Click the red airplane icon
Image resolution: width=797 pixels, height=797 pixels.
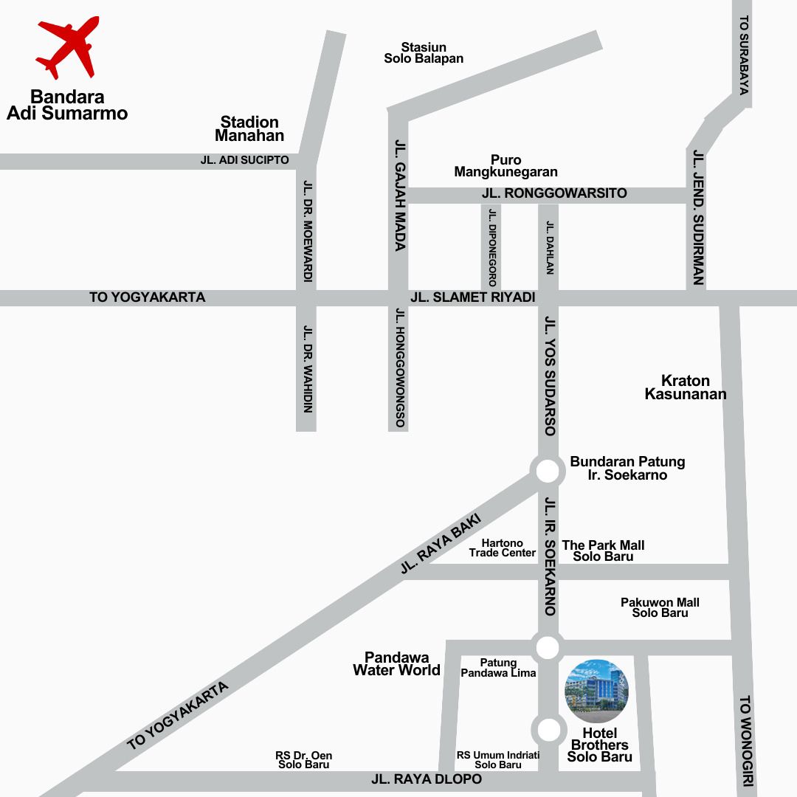coord(68,47)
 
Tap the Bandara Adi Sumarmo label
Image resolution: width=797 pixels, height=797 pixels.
coord(67,105)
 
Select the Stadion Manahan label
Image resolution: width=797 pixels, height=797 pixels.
coord(249,128)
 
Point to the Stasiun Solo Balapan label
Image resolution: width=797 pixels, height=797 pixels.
coord(424,52)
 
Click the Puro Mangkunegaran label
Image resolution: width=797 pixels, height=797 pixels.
coord(506,166)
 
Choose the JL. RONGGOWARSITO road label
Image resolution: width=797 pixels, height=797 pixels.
coord(554,193)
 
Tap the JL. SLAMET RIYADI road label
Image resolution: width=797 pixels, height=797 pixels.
coord(472,297)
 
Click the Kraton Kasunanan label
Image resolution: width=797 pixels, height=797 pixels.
coord(686,387)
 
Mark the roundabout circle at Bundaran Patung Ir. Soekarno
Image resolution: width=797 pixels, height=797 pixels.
coord(547,470)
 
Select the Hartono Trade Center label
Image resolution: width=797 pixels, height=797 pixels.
coord(503,548)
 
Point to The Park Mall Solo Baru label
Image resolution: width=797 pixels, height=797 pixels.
coord(603,551)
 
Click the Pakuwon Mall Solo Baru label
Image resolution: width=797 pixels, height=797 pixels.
coord(660,607)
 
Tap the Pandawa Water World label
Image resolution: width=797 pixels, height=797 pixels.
coord(396,663)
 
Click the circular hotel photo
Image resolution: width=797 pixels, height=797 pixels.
coord(597,691)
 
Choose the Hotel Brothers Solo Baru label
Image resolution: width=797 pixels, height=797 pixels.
coord(599,745)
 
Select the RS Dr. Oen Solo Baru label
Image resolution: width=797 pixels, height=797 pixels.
coord(303,760)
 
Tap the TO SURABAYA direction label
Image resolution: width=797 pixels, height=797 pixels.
coord(744,55)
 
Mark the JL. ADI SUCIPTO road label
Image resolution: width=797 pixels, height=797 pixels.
coord(244,159)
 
